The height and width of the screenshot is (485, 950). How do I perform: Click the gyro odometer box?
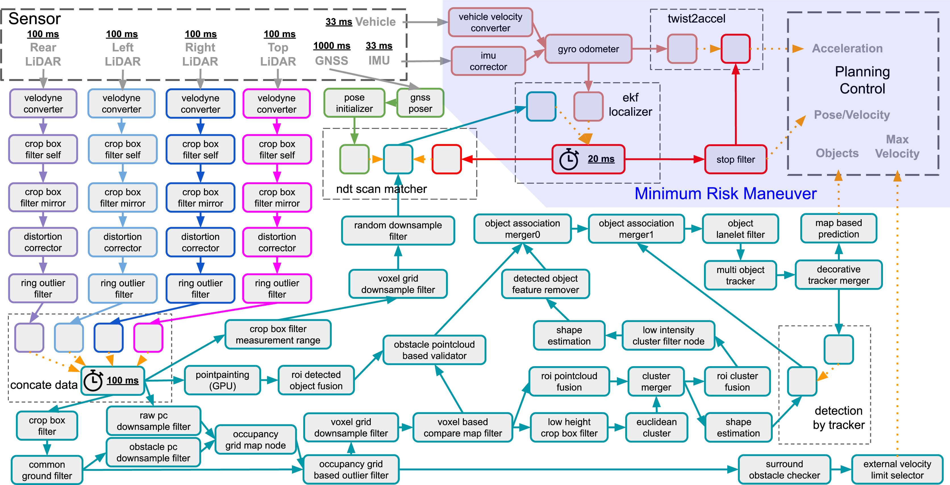[588, 49]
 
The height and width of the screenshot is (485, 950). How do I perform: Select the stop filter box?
[736, 159]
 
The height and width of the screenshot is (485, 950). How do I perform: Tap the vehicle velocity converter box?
[491, 22]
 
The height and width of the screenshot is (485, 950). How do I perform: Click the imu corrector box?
[488, 61]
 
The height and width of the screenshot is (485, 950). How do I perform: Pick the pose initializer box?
[355, 103]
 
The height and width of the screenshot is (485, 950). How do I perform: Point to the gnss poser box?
[420, 103]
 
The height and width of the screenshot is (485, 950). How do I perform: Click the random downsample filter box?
[398, 231]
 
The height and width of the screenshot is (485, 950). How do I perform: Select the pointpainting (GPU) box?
[222, 380]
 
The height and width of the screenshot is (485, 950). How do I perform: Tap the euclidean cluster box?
[657, 427]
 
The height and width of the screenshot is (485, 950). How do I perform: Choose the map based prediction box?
[839, 229]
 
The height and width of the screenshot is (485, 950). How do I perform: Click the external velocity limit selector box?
[897, 469]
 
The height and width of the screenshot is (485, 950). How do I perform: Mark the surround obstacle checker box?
[784, 469]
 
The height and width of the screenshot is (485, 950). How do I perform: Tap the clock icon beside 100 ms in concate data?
[93, 381]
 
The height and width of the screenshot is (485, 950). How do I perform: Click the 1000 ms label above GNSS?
[332, 46]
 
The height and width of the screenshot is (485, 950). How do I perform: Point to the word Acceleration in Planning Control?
[847, 48]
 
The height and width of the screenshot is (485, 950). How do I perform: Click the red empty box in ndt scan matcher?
[447, 159]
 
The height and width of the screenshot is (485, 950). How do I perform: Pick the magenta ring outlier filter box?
[277, 289]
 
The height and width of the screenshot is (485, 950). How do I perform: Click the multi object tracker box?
[741, 275]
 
